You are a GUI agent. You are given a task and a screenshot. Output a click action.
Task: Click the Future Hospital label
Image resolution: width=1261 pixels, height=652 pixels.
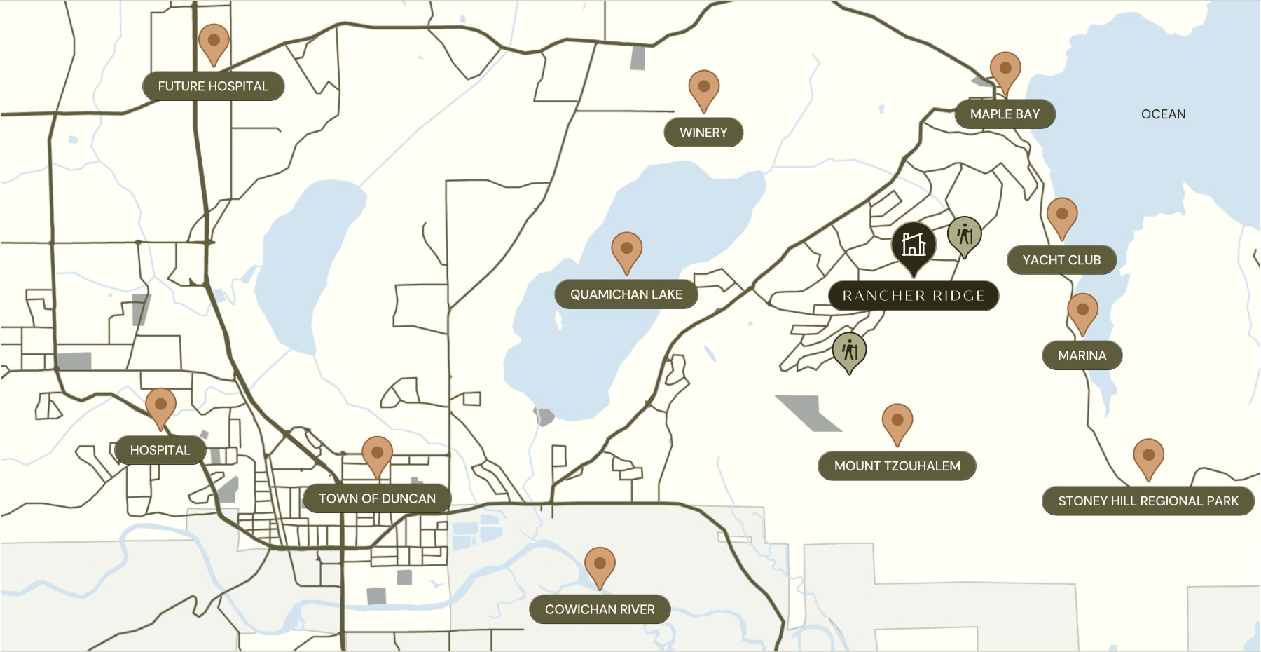213,86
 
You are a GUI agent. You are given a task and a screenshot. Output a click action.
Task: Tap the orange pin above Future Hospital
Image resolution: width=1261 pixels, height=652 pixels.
214,42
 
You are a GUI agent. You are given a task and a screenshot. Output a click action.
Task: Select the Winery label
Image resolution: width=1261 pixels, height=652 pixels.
703,133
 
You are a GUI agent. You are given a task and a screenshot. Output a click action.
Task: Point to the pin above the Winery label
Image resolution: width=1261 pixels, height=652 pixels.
704,88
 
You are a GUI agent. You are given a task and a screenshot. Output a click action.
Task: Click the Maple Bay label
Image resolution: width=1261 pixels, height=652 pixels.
1005,114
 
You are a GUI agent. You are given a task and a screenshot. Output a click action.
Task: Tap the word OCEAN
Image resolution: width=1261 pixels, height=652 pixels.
1163,114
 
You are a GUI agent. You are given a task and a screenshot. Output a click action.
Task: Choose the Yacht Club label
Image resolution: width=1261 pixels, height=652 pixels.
1061,260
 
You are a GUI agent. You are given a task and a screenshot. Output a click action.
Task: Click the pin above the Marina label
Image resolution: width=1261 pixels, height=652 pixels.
1082,311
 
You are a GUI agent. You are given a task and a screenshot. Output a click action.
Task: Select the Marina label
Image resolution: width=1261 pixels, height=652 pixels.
1082,355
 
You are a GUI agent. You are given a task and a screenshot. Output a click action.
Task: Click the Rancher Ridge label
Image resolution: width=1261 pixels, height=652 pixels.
914,296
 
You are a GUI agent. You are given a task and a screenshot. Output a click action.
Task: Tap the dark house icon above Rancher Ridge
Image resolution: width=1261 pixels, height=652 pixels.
914,245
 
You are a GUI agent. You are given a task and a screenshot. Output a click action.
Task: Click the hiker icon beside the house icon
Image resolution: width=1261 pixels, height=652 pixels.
965,235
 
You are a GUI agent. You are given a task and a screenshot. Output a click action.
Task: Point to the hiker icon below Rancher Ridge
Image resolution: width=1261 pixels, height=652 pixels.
849,351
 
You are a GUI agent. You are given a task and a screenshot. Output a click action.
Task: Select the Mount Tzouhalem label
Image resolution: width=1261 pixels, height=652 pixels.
897,466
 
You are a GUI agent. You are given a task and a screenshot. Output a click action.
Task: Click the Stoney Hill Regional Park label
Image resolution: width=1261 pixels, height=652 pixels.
1148,501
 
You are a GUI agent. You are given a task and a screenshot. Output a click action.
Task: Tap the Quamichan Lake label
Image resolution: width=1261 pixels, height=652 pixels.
626,294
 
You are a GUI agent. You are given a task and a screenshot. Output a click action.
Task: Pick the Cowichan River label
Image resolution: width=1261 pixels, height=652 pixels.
600,610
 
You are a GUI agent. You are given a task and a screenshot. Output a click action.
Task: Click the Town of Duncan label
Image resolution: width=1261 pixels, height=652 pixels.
377,499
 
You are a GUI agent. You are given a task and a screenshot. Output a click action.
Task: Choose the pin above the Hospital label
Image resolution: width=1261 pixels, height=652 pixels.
160,406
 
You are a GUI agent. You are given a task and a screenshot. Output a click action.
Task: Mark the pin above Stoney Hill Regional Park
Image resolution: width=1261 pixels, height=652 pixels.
1148,456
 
